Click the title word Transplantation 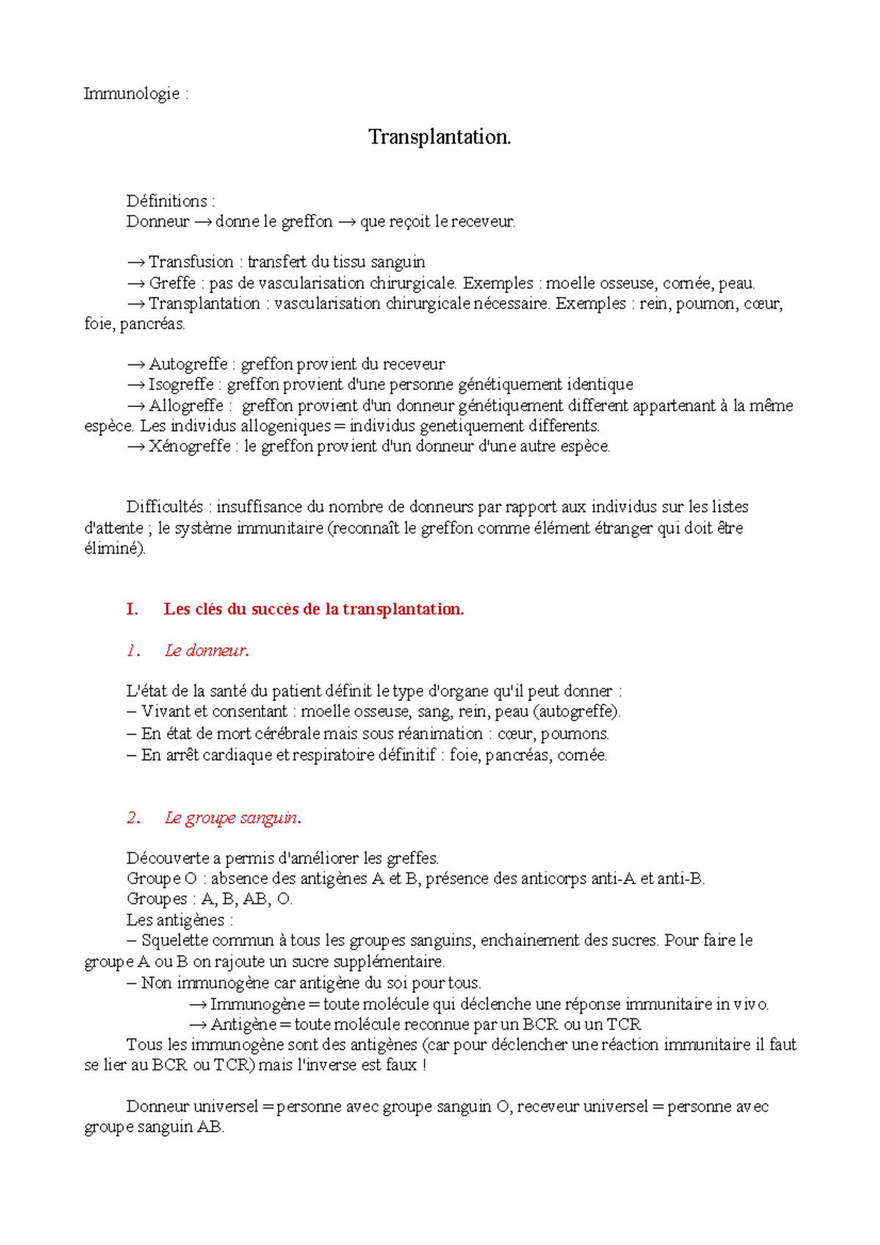coord(439,137)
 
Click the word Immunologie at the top coord(131,94)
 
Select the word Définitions coord(166,201)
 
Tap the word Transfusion coord(191,262)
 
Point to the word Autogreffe coord(188,364)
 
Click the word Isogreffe coord(181,384)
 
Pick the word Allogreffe coord(186,405)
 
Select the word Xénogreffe coord(189,446)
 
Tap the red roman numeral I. coord(132,609)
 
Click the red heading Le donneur coord(207,650)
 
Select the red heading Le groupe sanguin coord(232,818)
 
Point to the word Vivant coord(165,711)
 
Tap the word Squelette coord(175,940)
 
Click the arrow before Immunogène coord(198,1004)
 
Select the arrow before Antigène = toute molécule coord(198,1024)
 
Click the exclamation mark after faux coord(424,1065)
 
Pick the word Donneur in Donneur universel coord(156,1106)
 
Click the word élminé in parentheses coord(114,548)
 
